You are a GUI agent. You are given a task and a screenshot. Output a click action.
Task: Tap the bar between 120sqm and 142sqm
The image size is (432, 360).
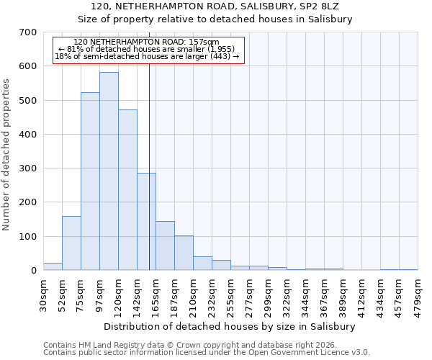pos(127,190)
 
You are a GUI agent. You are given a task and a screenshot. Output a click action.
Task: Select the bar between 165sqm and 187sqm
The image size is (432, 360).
pos(165,246)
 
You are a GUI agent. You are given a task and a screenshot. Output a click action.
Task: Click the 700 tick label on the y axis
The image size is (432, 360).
pos(28,32)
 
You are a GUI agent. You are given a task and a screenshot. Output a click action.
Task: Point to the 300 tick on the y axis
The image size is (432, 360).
pos(28,168)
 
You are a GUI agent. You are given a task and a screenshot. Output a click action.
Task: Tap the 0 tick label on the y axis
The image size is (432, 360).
pos(33,271)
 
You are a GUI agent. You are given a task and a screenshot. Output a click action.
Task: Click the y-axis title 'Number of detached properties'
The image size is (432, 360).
pos(6,155)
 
